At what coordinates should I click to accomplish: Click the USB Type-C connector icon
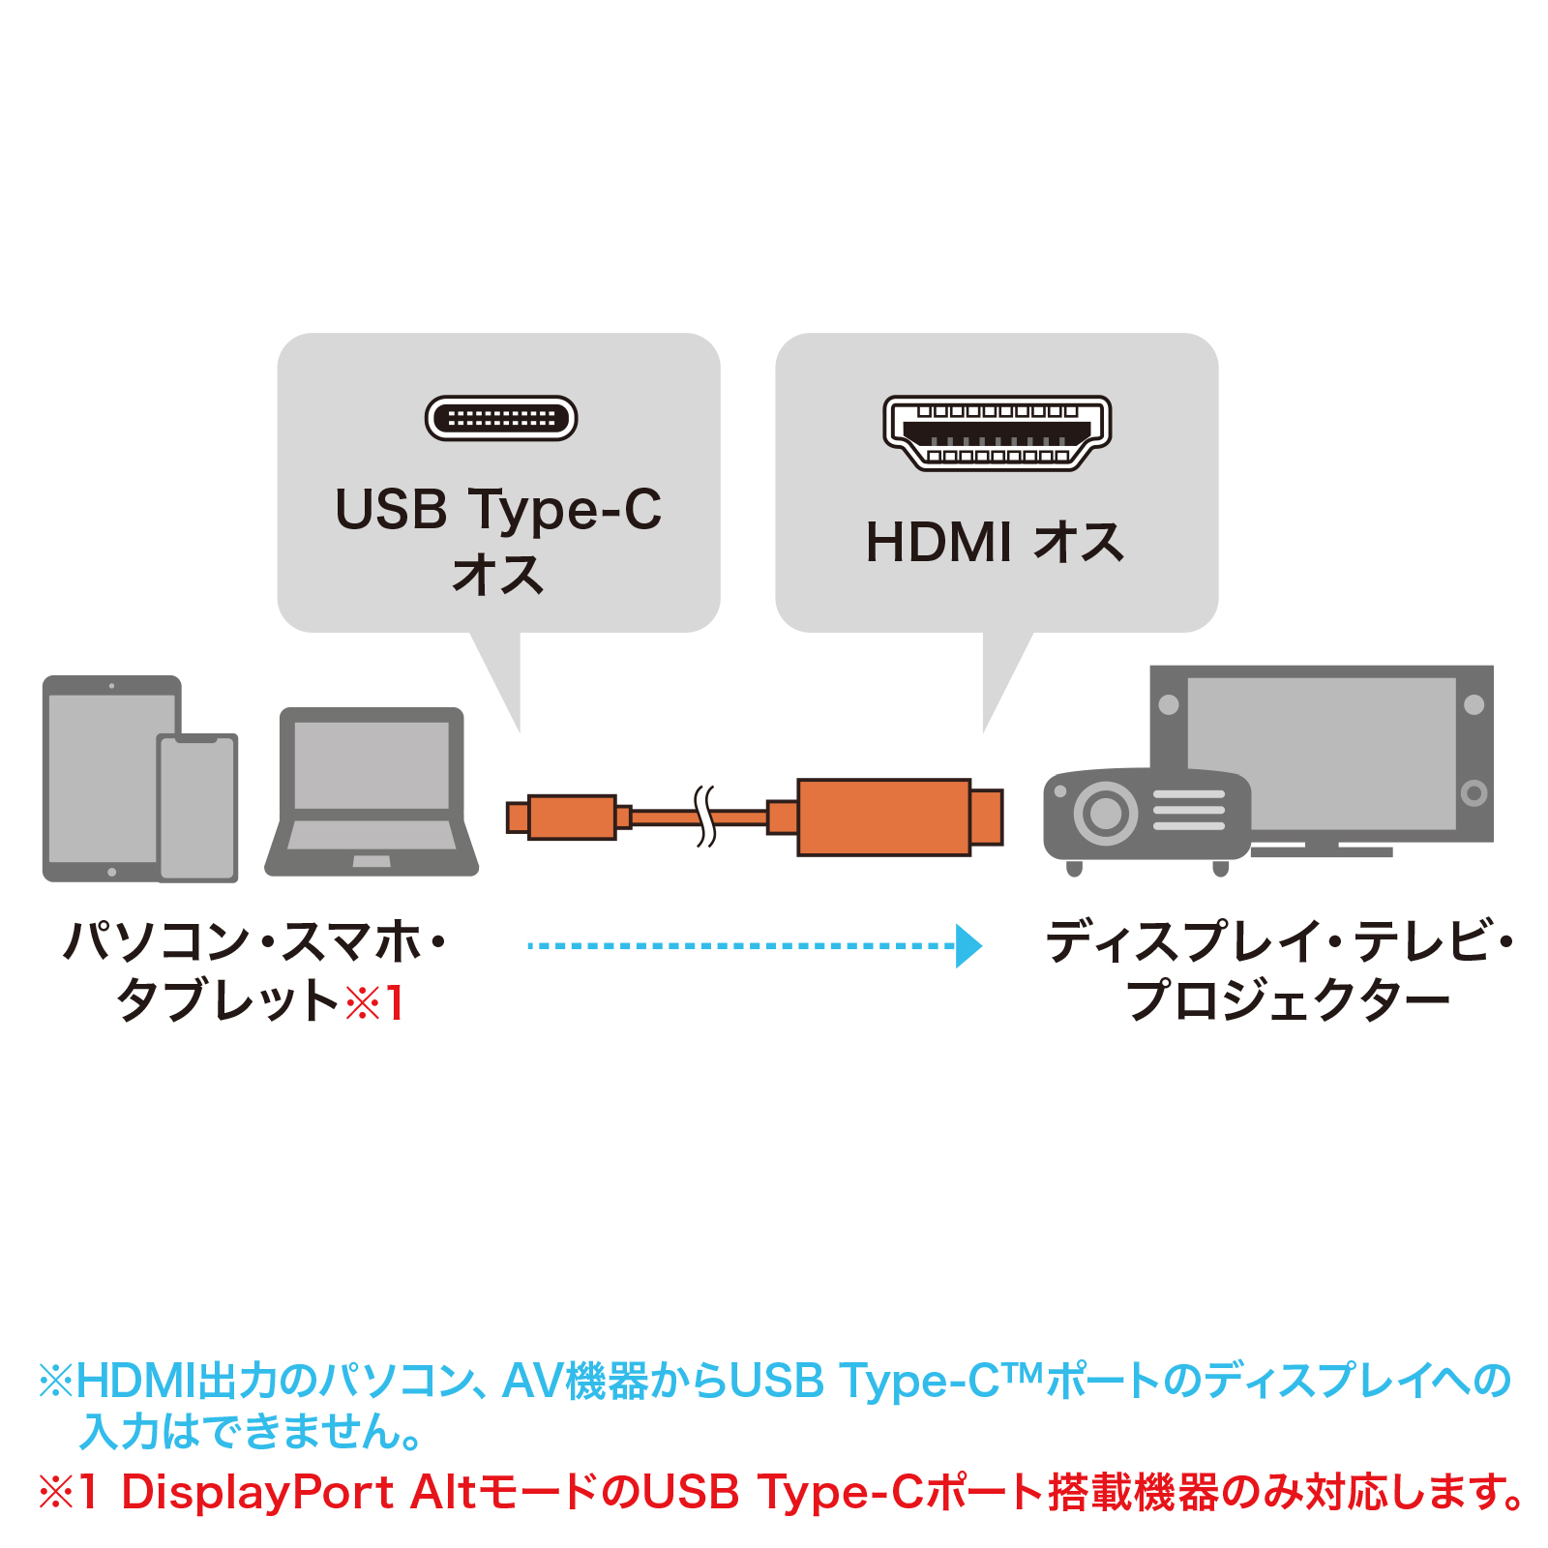pyautogui.click(x=501, y=418)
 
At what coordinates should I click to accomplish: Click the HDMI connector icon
pyautogui.click(x=997, y=432)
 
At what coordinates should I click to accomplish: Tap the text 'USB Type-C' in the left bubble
pyautogui.click(x=498, y=509)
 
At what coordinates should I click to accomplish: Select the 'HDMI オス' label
pyautogui.click(x=996, y=542)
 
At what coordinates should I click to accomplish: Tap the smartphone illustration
pyautogui.click(x=198, y=808)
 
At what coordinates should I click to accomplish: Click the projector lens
pyautogui.click(x=1105, y=813)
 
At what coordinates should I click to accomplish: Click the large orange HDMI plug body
pyautogui.click(x=883, y=818)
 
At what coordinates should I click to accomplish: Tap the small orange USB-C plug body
pyautogui.click(x=572, y=818)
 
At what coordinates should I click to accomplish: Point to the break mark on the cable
pyautogui.click(x=706, y=817)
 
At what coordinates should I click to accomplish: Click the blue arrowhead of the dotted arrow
pyautogui.click(x=967, y=945)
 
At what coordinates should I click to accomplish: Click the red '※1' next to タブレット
pyautogui.click(x=375, y=1001)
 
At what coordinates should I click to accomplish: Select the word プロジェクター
pyautogui.click(x=1288, y=999)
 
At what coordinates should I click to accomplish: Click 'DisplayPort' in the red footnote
pyautogui.click(x=257, y=1491)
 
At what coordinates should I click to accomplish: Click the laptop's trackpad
pyautogui.click(x=372, y=861)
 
